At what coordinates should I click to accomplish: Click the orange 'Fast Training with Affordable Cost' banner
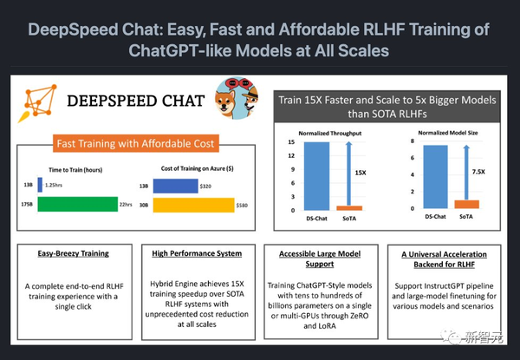[138, 143]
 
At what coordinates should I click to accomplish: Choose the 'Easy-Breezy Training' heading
[75, 253]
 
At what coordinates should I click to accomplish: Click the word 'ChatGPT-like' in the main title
[177, 50]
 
